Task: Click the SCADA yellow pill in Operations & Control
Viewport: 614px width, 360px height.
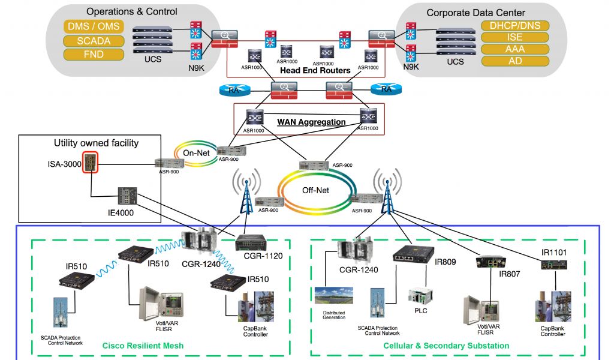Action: pos(93,41)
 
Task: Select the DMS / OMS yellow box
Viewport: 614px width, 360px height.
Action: pos(93,26)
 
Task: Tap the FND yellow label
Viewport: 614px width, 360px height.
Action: pos(93,55)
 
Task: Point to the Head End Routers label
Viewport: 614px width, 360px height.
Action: pos(315,71)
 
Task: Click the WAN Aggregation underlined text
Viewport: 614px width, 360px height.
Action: pos(311,122)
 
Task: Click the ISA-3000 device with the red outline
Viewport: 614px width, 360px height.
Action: pos(91,163)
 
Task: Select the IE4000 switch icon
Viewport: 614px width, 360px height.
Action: pos(127,196)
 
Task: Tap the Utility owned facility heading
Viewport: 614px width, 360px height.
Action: pos(96,143)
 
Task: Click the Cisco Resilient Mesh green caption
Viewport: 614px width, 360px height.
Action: pos(143,346)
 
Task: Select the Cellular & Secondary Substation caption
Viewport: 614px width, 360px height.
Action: pos(446,346)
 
